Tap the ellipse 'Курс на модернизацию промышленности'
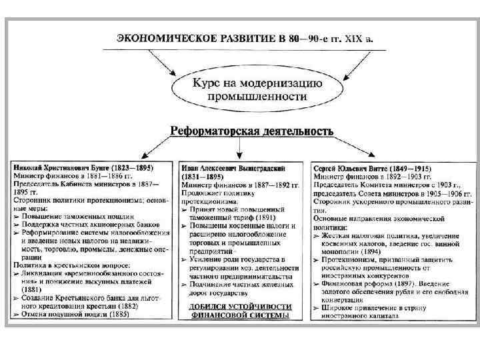click(239, 89)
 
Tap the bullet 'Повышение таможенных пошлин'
click(77, 216)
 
